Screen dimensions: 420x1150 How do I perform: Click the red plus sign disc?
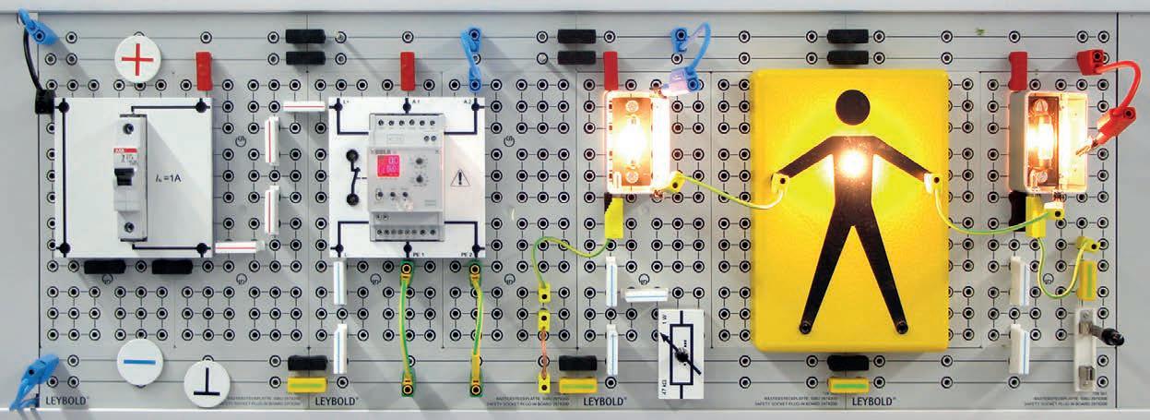(x=137, y=61)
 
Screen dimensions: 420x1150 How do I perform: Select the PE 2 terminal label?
(x=468, y=253)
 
